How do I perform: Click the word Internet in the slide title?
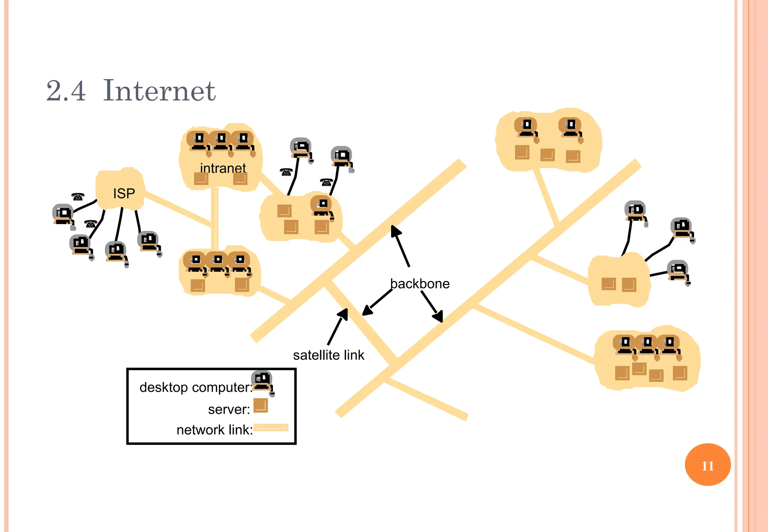pos(159,91)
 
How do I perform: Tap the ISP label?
pos(124,194)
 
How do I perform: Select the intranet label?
pos(223,168)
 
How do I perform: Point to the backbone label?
pos(420,284)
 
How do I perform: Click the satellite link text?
pos(328,355)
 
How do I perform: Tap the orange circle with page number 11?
pos(707,465)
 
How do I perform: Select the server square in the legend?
pos(261,406)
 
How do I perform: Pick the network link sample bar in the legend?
pos(271,428)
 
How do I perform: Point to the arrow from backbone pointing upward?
pos(400,246)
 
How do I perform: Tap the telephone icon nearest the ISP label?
pos(78,197)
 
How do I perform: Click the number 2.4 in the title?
pos(66,91)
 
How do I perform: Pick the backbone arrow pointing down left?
pos(377,303)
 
